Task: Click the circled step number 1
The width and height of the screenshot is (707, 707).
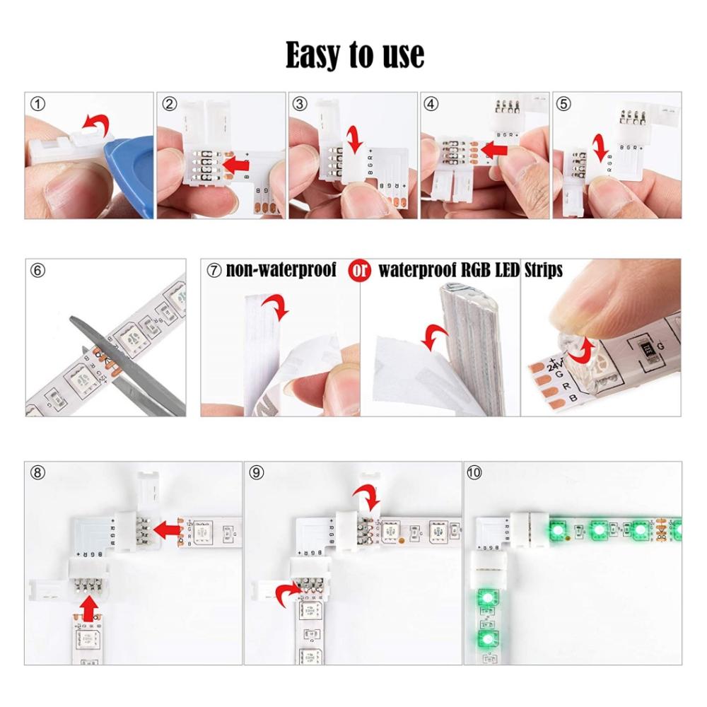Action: [38, 105]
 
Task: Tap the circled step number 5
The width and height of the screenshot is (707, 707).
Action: [563, 105]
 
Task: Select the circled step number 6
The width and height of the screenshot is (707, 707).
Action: [38, 271]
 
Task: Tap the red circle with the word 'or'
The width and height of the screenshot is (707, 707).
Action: [360, 271]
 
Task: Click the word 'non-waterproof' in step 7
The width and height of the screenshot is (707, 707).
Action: [281, 271]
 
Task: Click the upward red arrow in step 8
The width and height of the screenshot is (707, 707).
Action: [88, 606]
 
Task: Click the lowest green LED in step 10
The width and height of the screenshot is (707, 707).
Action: [486, 640]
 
